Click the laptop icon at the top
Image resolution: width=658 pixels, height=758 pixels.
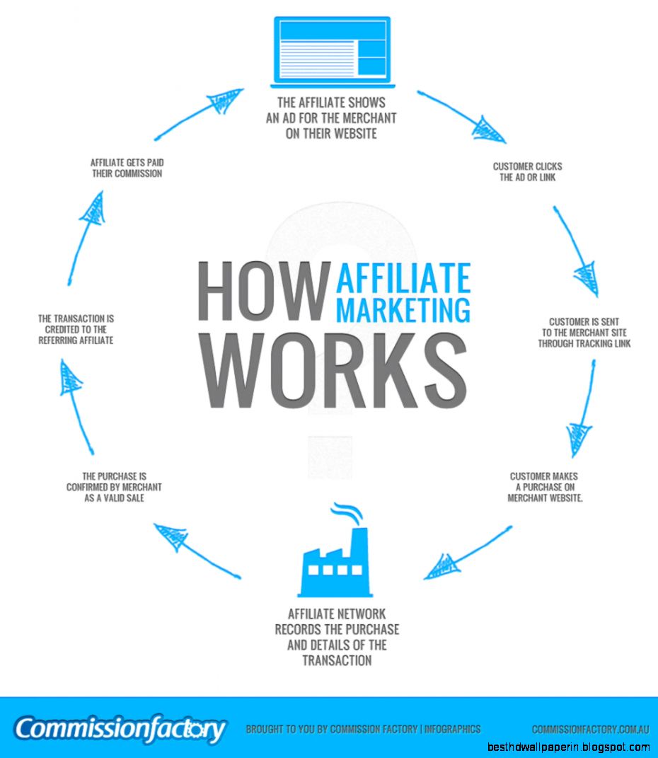coord(333,52)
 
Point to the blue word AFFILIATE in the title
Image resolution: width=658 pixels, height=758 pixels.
coord(403,278)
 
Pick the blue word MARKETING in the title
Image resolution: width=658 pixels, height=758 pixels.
coord(403,309)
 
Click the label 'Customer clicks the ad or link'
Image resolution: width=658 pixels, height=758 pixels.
coord(528,171)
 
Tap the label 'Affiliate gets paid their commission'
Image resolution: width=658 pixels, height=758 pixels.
coord(127,168)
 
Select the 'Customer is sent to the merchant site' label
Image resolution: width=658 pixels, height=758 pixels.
coord(584,333)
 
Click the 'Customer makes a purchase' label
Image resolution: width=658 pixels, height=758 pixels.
coord(545,487)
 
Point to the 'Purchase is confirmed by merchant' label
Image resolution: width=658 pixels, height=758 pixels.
coord(114,487)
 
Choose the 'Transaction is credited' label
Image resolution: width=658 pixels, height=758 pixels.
coord(76,329)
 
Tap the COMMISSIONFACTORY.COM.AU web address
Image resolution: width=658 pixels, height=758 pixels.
coord(590,729)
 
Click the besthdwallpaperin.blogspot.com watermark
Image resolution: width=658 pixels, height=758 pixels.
coord(568,747)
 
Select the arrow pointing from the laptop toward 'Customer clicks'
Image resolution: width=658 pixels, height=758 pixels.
coord(461,117)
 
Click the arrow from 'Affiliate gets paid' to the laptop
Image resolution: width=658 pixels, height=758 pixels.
coord(199,114)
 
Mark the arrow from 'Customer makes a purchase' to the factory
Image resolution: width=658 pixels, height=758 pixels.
coord(468,553)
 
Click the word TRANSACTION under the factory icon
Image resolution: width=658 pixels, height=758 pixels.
coord(337,660)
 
